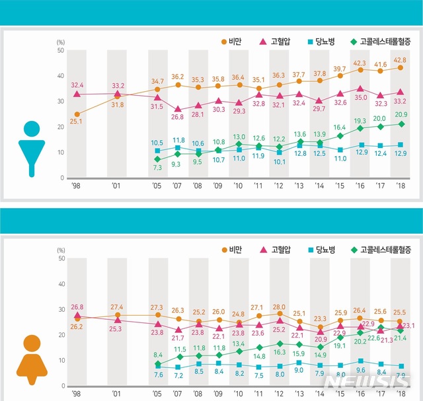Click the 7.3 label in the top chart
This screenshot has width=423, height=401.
click(157, 168)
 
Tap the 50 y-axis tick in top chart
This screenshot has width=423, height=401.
click(60, 50)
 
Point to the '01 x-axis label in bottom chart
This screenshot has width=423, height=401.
click(117, 393)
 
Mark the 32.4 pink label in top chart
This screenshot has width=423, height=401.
click(77, 85)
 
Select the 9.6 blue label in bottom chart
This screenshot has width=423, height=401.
click(361, 371)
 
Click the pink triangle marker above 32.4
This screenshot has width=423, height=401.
click(77, 95)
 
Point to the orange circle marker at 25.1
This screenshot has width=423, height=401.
click(77, 114)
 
